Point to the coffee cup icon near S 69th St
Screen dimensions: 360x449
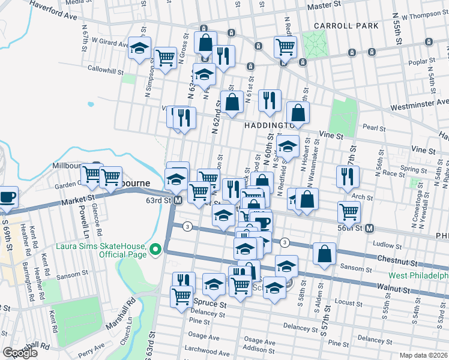click(x=7, y=197)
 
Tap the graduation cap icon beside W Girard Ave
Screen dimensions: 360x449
click(x=139, y=50)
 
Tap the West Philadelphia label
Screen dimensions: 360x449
click(x=418, y=275)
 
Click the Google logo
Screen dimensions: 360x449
click(x=20, y=352)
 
